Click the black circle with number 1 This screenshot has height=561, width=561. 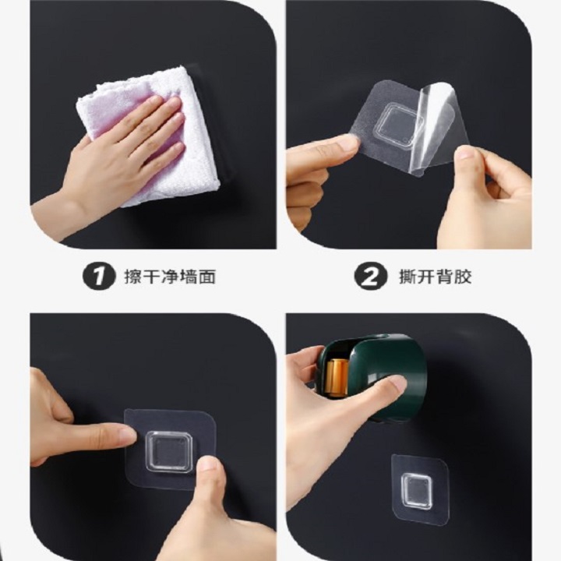[x=100, y=276]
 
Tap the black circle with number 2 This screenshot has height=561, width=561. [x=371, y=276]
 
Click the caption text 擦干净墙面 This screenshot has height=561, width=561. [x=170, y=277]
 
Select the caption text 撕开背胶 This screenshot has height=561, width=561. [x=435, y=277]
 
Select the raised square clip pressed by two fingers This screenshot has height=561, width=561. [x=169, y=451]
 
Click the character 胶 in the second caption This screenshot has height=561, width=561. [x=463, y=277]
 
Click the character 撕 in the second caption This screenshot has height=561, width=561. [x=408, y=277]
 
